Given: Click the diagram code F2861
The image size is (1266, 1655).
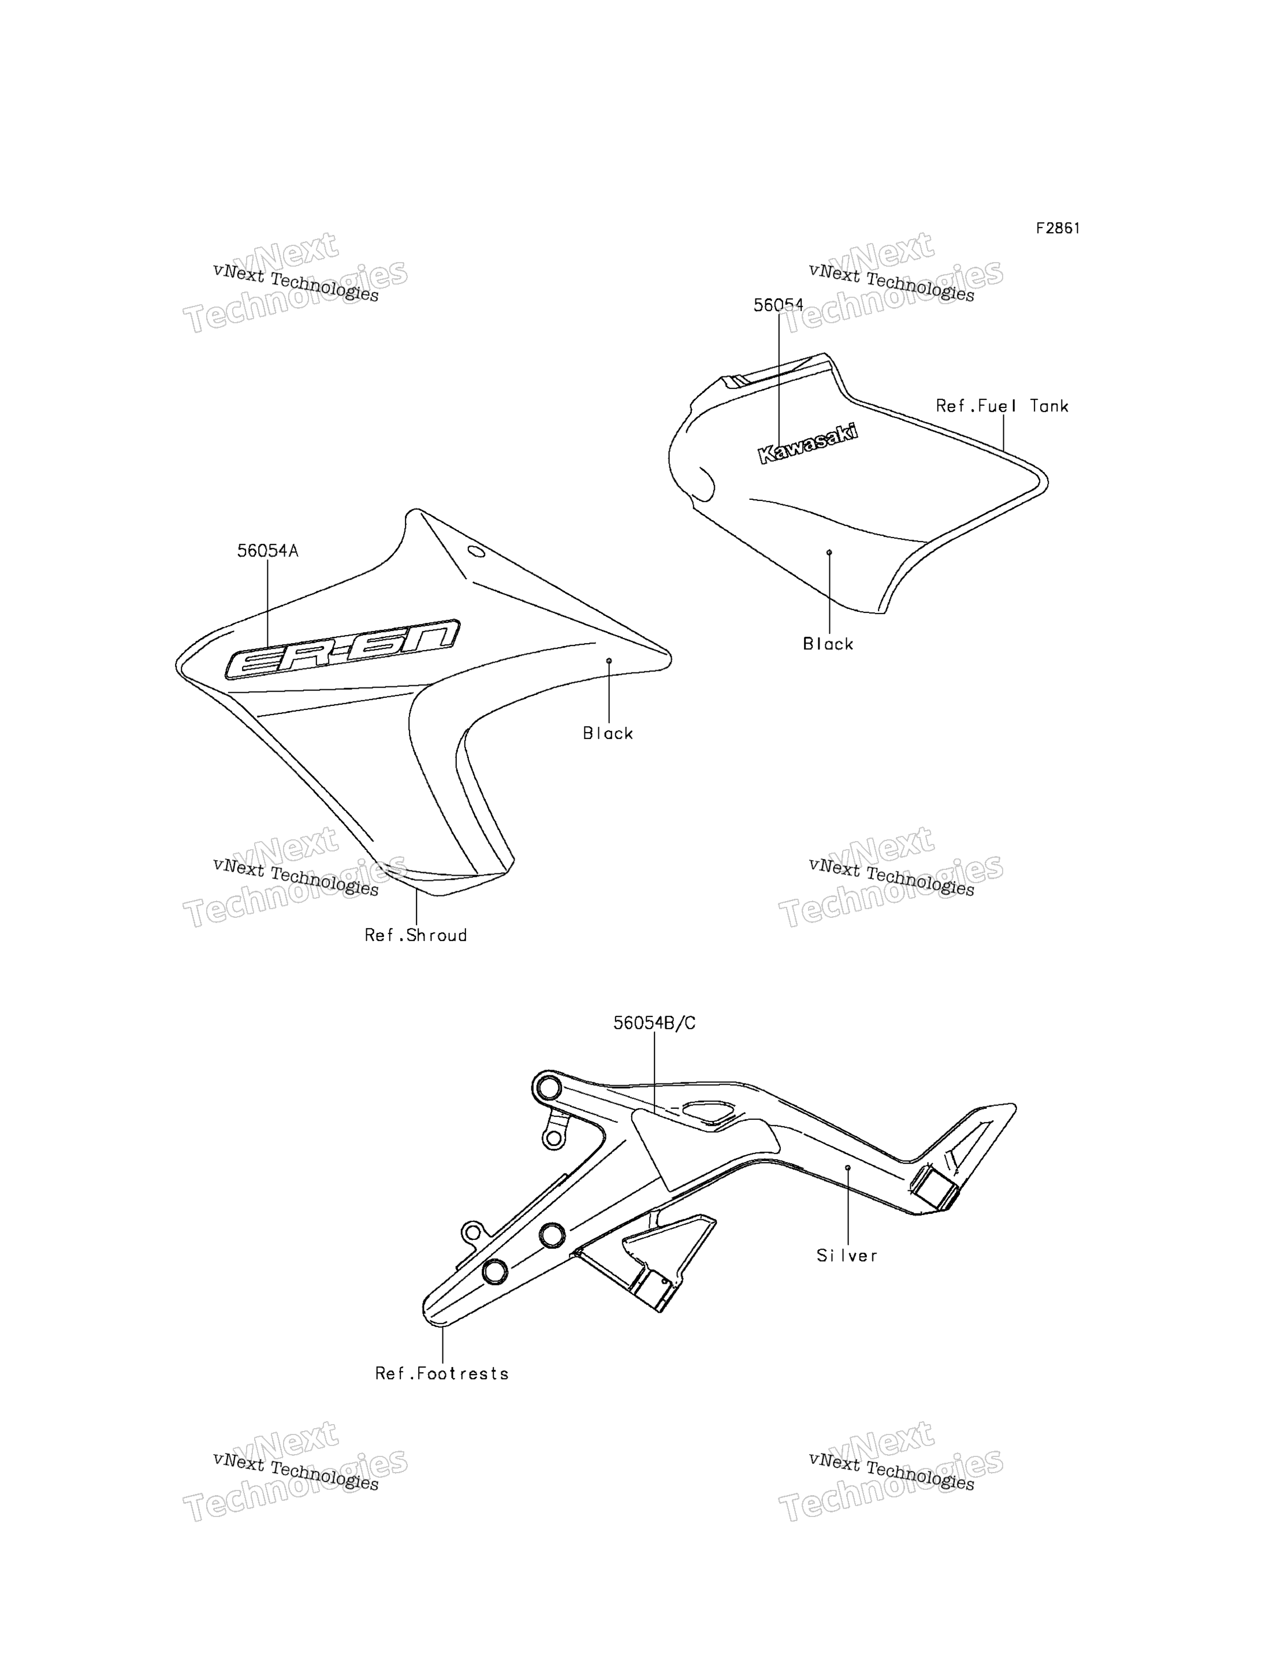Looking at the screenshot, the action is click(1058, 228).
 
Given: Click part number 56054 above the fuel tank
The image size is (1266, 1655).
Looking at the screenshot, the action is click(779, 305).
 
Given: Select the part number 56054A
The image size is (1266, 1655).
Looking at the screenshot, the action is click(267, 551).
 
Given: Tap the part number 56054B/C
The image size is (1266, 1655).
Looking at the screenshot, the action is click(654, 1023).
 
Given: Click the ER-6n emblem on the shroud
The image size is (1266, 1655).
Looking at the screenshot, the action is click(342, 649).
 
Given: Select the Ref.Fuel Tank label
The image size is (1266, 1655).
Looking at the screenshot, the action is click(1002, 406).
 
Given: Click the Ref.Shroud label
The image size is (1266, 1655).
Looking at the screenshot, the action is click(416, 935).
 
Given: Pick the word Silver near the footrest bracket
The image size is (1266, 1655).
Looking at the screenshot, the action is click(848, 1255).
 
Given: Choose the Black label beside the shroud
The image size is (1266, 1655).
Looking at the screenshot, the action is click(608, 733).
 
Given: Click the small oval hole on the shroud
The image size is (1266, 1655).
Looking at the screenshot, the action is click(476, 551).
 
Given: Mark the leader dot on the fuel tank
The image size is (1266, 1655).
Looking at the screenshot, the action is click(829, 552).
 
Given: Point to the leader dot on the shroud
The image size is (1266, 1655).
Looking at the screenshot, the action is click(609, 660).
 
